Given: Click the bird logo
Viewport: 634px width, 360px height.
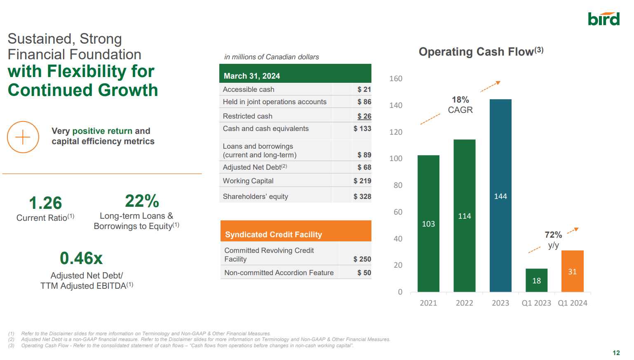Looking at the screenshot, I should point(603,19).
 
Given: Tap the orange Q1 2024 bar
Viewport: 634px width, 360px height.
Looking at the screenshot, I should point(572,271).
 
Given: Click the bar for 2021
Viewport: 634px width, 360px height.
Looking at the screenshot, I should point(428,223).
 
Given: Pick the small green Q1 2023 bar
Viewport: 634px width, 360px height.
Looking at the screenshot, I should point(536,280).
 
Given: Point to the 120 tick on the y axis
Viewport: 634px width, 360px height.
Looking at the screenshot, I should point(396,132).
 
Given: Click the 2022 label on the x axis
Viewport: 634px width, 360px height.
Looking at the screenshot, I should point(464,303).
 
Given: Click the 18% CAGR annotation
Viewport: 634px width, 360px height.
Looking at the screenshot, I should point(460,105).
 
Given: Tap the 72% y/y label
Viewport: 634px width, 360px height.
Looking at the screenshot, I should point(553,239).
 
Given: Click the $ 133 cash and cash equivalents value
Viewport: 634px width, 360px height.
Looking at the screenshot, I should point(362,129).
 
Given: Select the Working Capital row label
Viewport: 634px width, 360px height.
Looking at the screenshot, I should point(248,181).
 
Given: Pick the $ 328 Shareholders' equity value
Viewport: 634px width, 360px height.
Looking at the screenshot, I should point(362,196).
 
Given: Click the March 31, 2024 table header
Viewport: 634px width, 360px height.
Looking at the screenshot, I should point(252,76).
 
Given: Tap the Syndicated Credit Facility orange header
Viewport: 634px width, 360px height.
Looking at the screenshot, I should point(274,234).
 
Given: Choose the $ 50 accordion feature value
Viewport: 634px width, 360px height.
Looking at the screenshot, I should point(364,273).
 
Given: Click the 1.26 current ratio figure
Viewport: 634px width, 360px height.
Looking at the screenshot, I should point(45,203).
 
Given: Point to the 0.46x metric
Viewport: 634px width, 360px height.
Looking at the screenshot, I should point(81,258).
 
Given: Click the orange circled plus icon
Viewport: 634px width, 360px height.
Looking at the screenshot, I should point(23,137).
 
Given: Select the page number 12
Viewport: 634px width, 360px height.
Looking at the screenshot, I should point(616,353).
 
